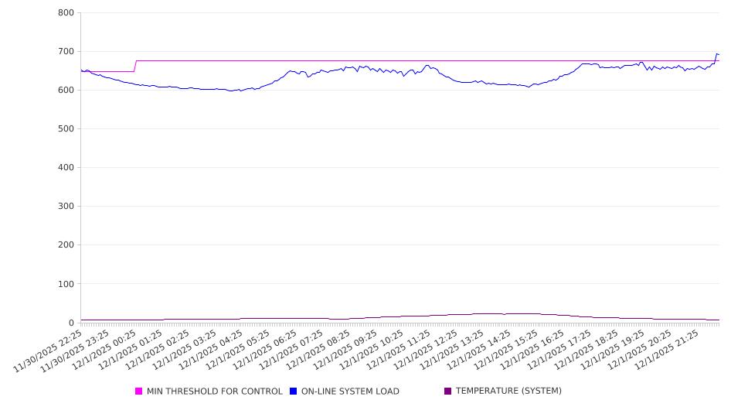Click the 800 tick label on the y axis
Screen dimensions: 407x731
click(x=66, y=13)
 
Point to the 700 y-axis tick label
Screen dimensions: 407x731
click(x=66, y=52)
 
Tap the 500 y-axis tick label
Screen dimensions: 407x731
click(x=66, y=129)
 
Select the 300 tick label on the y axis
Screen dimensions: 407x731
click(x=66, y=207)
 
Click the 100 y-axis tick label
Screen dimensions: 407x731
click(x=66, y=284)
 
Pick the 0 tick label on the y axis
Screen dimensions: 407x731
click(x=70, y=323)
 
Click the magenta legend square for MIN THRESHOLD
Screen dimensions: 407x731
click(x=139, y=392)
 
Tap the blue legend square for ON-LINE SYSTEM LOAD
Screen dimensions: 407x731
click(x=294, y=392)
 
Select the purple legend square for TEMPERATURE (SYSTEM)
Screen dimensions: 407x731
click(x=448, y=392)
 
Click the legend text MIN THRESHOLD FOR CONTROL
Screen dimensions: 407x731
click(x=214, y=392)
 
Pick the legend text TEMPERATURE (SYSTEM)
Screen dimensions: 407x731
click(x=508, y=392)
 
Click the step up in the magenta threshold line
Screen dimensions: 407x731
click(x=136, y=66)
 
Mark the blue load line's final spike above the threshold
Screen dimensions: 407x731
click(x=717, y=54)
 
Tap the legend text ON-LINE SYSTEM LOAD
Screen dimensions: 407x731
click(x=350, y=392)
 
